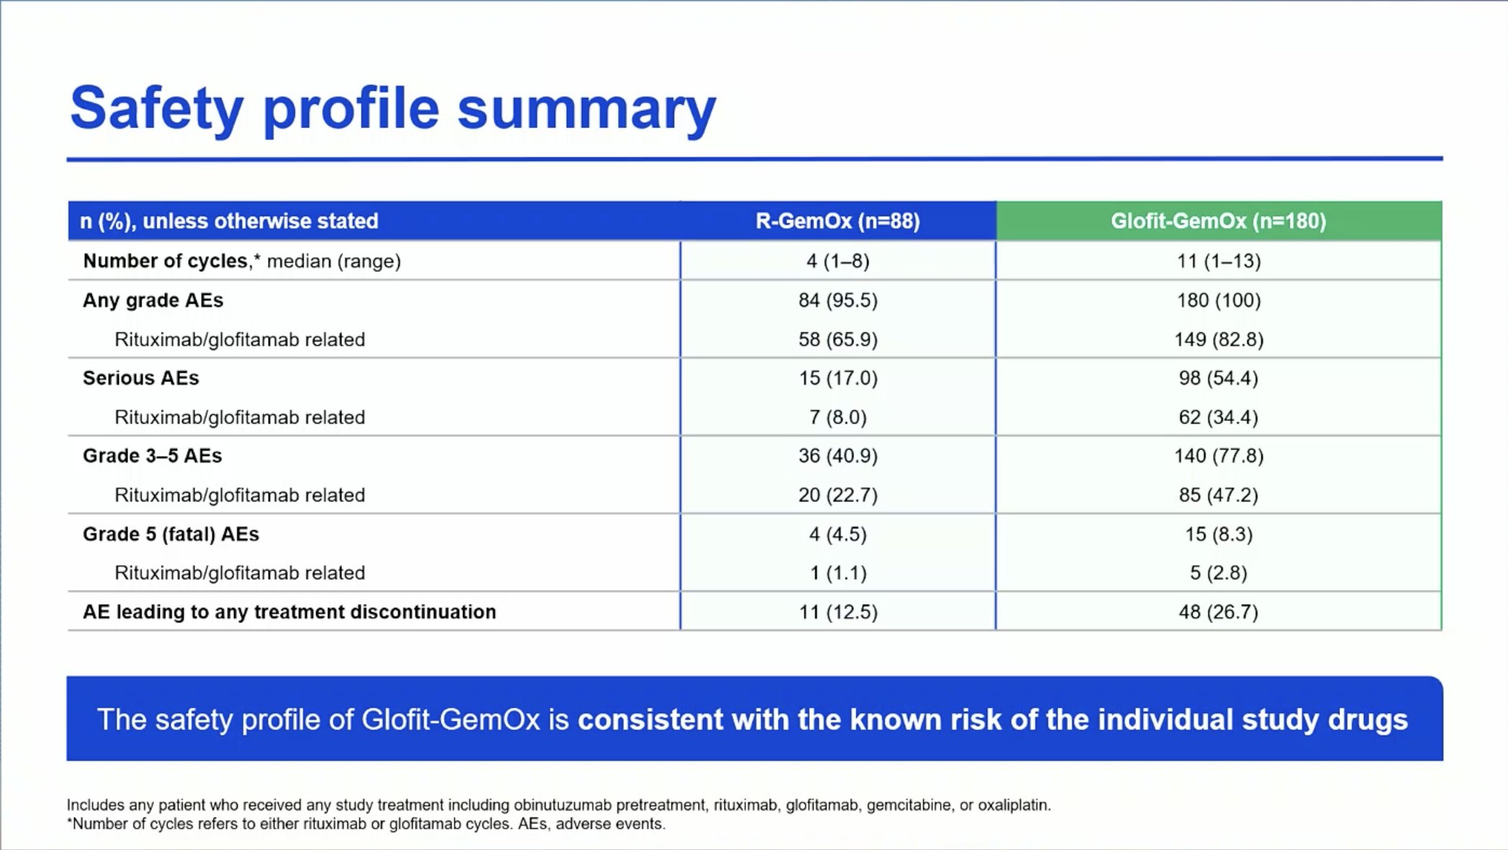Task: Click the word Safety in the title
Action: click(x=156, y=109)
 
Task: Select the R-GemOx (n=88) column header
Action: click(x=838, y=220)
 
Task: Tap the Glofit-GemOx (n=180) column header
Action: click(x=1218, y=220)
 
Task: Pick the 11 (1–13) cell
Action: click(x=1218, y=261)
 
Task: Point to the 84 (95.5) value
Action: click(x=838, y=300)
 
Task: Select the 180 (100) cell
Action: click(x=1218, y=300)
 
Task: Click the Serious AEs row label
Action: click(x=140, y=377)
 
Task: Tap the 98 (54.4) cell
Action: click(x=1218, y=377)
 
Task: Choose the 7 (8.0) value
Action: click(x=838, y=417)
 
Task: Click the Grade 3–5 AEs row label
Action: click(x=152, y=455)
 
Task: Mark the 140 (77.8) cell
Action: click(x=1218, y=455)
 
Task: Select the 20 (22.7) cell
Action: click(x=838, y=495)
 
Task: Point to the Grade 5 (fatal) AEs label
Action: click(x=171, y=534)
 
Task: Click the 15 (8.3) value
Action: click(x=1218, y=534)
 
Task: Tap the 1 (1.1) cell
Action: click(x=838, y=573)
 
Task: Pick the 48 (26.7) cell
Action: click(x=1218, y=612)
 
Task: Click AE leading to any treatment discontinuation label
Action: click(x=290, y=612)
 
